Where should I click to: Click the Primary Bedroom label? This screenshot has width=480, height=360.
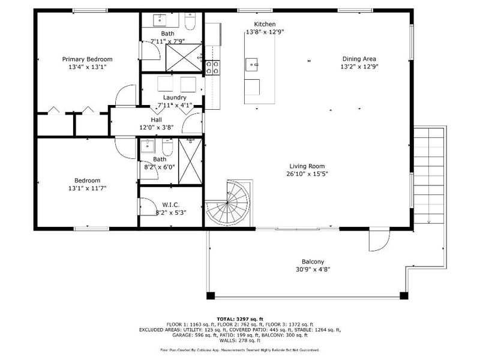88,59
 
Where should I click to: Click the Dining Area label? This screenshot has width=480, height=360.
359,59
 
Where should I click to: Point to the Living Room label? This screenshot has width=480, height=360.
307,166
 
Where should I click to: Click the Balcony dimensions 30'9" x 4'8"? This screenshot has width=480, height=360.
313,269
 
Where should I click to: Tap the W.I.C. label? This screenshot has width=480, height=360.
167,205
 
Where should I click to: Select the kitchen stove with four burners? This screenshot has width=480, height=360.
213,67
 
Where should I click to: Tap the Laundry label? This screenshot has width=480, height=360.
175,97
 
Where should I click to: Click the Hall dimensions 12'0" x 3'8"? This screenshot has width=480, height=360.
156,127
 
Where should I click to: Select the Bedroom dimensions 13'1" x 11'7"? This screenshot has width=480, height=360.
87,188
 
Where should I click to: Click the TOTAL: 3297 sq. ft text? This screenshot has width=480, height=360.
239,319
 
